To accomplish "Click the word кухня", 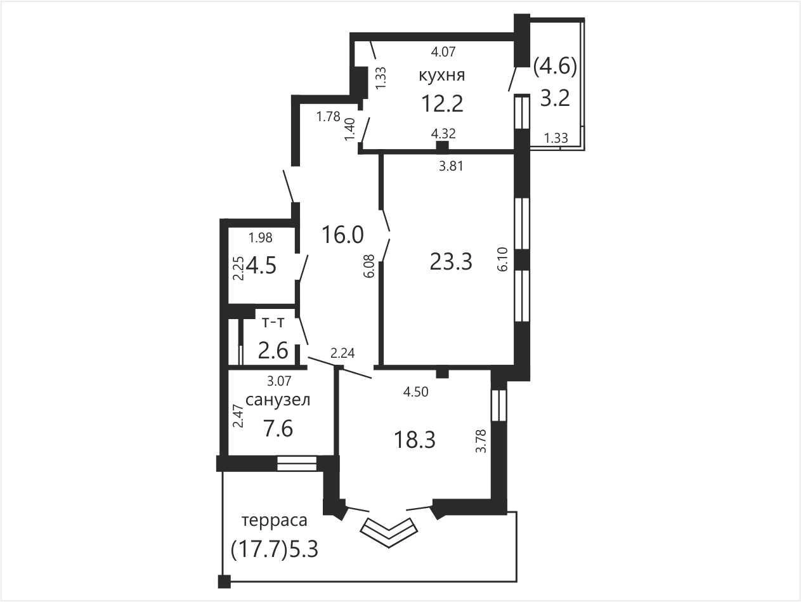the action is pyautogui.click(x=442, y=75).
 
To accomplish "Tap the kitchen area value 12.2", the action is pyautogui.click(x=442, y=103).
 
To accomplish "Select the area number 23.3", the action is pyautogui.click(x=451, y=261).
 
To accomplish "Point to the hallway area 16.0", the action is pyautogui.click(x=342, y=234).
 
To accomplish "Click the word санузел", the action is pyautogui.click(x=278, y=400).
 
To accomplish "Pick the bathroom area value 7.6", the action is pyautogui.click(x=278, y=428).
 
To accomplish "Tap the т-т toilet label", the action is pyautogui.click(x=273, y=322).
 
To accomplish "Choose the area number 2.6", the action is pyautogui.click(x=273, y=351).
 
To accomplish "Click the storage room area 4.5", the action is pyautogui.click(x=261, y=265).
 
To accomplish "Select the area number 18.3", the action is pyautogui.click(x=415, y=440).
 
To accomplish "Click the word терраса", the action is pyautogui.click(x=275, y=520).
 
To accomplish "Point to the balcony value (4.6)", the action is pyautogui.click(x=555, y=67).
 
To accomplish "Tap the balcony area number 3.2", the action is pyautogui.click(x=555, y=98).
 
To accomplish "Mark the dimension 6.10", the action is pyautogui.click(x=502, y=259).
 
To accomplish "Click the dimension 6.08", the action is pyautogui.click(x=369, y=266).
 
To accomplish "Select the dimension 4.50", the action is pyautogui.click(x=415, y=392).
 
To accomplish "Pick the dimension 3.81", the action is pyautogui.click(x=451, y=166).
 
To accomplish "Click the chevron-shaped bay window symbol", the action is pyautogui.click(x=389, y=532).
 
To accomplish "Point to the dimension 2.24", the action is pyautogui.click(x=342, y=353).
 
